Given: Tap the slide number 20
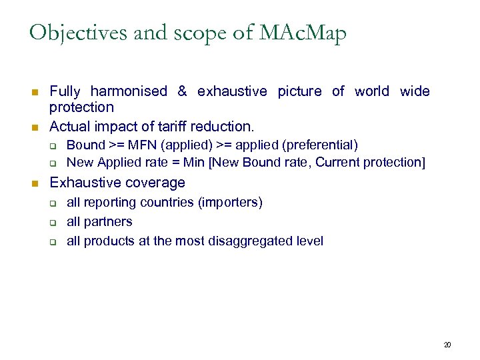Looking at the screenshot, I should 447,345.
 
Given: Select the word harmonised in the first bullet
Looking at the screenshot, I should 129,91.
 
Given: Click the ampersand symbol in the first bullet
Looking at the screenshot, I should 182,91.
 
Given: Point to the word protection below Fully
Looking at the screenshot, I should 81,107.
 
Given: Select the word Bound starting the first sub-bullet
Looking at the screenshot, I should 86,145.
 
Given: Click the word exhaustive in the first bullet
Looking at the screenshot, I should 232,91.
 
